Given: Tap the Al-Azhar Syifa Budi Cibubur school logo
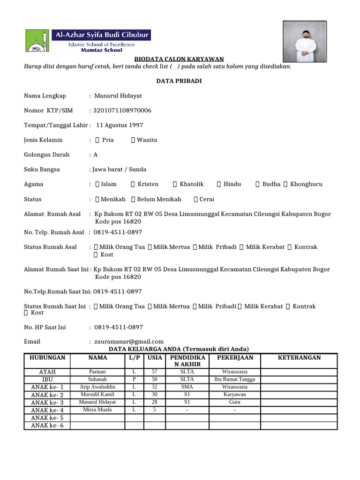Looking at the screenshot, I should pos(88,41).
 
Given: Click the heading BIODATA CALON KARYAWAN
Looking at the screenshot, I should pos(179,59).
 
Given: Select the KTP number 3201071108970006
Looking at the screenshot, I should pos(123,111).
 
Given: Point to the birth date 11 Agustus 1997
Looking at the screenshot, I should pos(120,125).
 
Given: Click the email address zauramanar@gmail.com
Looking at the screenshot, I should pos(129,341).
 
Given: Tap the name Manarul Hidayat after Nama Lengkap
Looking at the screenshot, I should pos(118,96).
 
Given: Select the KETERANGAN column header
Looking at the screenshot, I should pos(299,358).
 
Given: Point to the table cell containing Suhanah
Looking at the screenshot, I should pos(97,379).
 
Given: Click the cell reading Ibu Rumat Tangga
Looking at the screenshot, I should pos(234,379).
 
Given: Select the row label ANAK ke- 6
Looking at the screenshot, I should pos(47,426).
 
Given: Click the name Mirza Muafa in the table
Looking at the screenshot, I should pos(97,410).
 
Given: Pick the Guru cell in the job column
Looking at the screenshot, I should pos(234,402).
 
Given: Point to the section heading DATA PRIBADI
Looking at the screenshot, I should pos(179,81).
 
